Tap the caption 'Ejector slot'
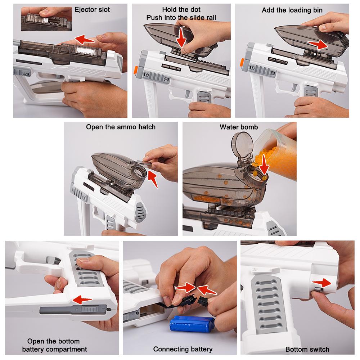[92, 10]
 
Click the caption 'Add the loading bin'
[292, 10]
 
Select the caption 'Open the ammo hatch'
[121, 127]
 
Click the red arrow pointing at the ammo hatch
[154, 178]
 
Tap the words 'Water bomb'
[239, 127]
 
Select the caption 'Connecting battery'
[183, 349]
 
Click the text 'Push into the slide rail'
[181, 18]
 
